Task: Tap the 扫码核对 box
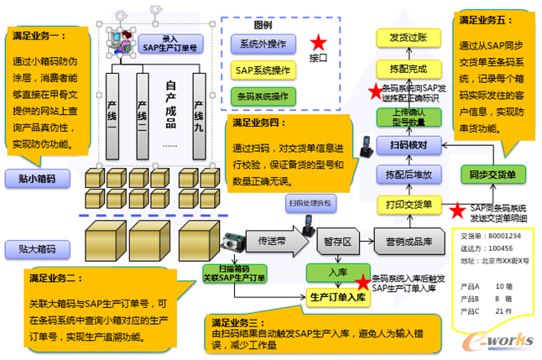point(409,146)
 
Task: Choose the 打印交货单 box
point(409,204)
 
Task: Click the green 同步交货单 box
point(493,174)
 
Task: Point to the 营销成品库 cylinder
point(409,242)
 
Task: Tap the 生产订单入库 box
point(333,296)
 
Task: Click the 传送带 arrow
point(277,240)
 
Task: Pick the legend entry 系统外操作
point(263,44)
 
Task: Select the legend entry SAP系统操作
point(263,70)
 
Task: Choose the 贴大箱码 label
point(37,248)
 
